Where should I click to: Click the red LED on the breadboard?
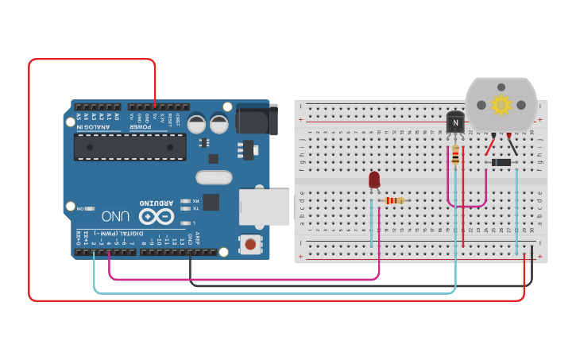374,180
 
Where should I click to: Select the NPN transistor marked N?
454,123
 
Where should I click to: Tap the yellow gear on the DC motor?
501,104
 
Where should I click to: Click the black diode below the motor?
501,163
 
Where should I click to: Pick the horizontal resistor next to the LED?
394,200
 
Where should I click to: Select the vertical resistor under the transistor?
454,157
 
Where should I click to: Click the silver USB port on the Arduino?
265,205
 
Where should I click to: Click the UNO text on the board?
115,216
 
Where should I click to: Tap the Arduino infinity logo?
157,216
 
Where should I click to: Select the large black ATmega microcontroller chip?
130,146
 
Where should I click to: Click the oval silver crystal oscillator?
214,177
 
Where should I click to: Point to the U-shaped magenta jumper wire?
466,206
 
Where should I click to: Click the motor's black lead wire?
512,145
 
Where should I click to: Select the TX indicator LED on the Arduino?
186,209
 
